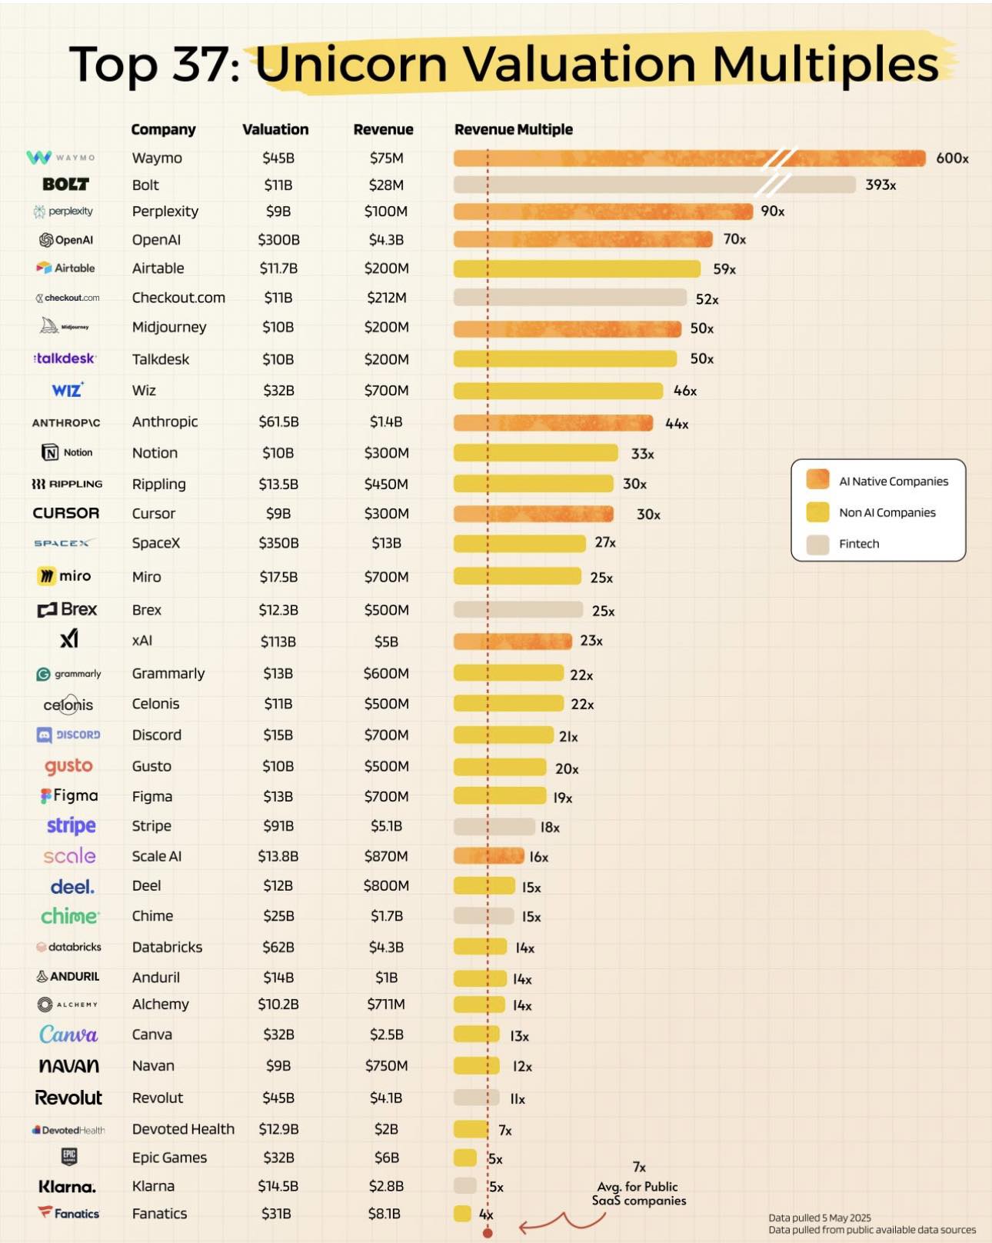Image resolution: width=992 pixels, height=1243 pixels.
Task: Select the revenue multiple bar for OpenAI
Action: point(582,239)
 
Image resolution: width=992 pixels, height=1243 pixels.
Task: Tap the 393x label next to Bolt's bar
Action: point(880,185)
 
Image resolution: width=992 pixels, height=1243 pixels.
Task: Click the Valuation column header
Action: point(275,129)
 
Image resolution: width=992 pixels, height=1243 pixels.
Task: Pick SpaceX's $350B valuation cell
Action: point(278,543)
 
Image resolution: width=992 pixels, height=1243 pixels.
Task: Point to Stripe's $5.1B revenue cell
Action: point(386,826)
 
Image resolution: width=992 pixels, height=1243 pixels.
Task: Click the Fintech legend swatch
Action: point(817,544)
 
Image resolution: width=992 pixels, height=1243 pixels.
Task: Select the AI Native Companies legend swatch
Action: point(817,480)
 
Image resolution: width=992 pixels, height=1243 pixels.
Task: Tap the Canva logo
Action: point(68,1035)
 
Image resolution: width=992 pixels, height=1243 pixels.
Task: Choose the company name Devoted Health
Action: point(183,1129)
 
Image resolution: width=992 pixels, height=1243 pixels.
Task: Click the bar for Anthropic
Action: point(553,422)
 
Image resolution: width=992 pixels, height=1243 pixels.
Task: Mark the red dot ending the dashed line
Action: point(488,1233)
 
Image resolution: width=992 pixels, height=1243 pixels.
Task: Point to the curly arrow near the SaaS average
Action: point(561,1222)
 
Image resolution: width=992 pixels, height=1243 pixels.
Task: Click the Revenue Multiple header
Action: point(513,129)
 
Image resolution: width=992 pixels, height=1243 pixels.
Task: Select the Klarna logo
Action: point(67,1187)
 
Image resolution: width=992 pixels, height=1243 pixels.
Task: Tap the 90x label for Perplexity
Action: point(772,212)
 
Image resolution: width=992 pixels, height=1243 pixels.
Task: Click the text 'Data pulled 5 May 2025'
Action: point(820,1218)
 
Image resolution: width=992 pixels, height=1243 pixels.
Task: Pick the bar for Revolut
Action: point(476,1098)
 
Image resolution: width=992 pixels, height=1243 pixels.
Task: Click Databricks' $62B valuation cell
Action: point(278,948)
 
